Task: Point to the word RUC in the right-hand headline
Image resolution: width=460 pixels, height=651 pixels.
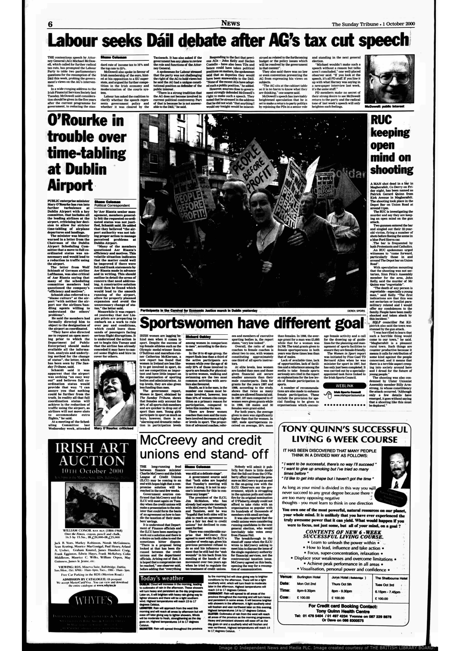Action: (382, 121)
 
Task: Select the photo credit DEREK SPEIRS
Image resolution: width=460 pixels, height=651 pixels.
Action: (356, 310)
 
